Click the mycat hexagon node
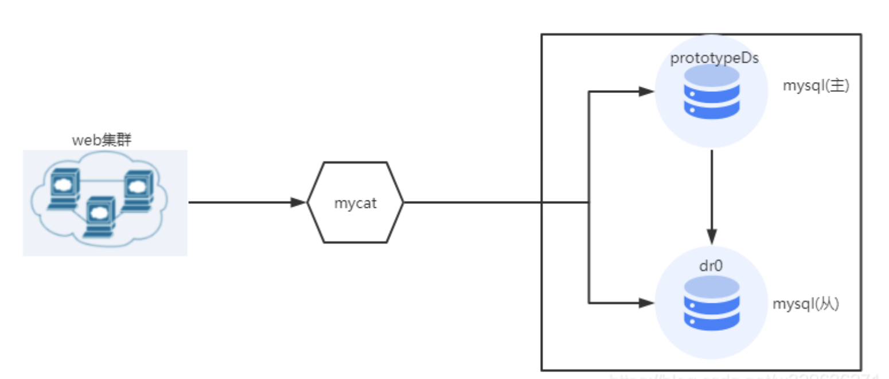click(x=355, y=202)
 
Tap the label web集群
click(x=102, y=140)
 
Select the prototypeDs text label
click(x=711, y=59)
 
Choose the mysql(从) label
click(x=806, y=304)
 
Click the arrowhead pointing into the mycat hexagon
click(x=298, y=202)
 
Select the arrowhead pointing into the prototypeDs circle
click(x=646, y=91)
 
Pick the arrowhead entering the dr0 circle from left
click(x=646, y=302)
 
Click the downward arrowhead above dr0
click(x=711, y=236)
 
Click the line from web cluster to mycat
click(x=241, y=202)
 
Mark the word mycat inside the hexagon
click(x=355, y=203)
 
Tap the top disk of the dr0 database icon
click(x=711, y=285)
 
